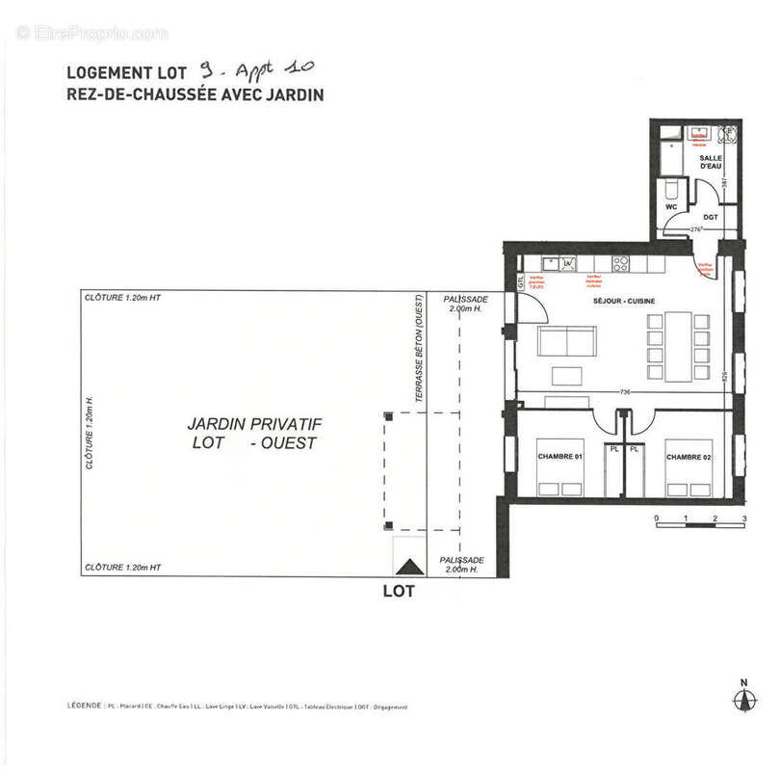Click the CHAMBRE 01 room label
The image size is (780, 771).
coord(559,457)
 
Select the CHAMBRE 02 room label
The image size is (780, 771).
coord(688,457)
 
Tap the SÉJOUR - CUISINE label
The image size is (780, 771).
coord(624,302)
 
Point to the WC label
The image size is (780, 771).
coord(672,207)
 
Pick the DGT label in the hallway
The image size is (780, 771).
coord(711,218)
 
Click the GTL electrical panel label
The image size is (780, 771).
coord(521,282)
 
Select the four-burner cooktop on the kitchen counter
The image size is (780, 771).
coord(621,262)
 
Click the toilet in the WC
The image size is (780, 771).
coord(672,186)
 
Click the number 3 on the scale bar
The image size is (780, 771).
coord(744,519)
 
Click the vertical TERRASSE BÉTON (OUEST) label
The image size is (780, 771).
coord(419,347)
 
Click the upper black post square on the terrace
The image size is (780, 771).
coord(388,415)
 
